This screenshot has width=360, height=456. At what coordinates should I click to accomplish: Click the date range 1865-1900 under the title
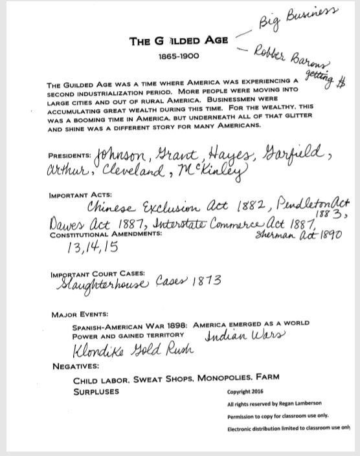pyautogui.click(x=178, y=57)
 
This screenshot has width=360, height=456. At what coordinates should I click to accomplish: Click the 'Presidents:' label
pyautogui.click(x=70, y=156)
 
